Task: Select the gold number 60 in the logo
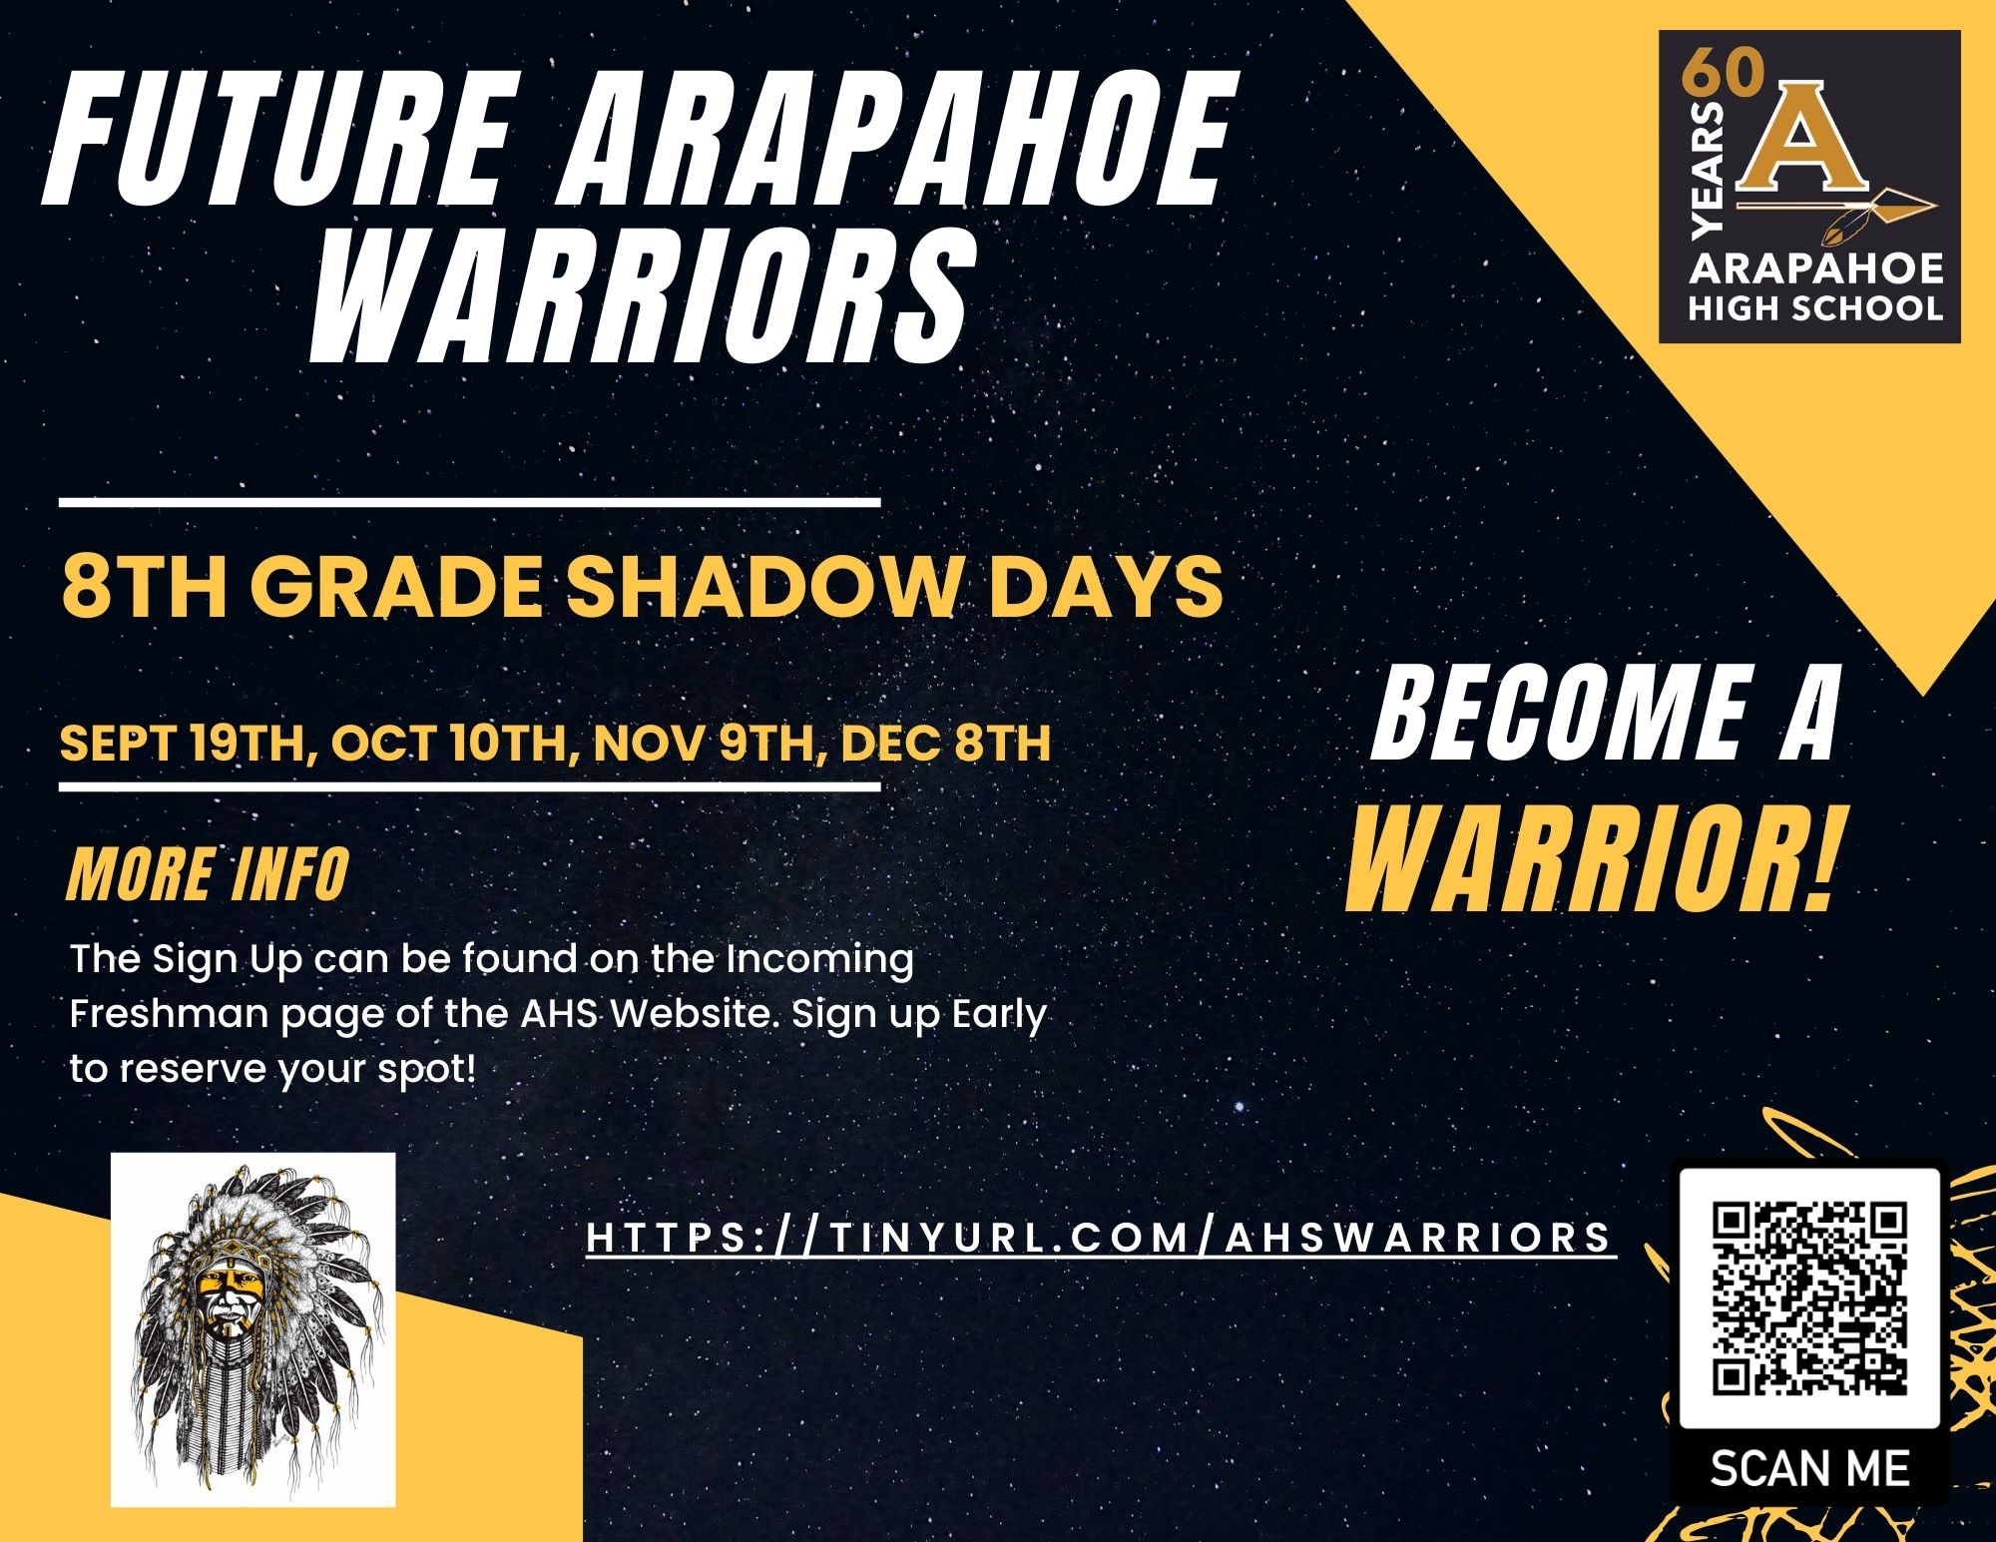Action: [1723, 73]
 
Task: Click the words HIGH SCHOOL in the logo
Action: [1815, 307]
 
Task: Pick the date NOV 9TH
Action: [711, 743]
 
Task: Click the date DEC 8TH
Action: [946, 743]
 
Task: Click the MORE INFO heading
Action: [208, 873]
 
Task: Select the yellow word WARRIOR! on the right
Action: [1591, 860]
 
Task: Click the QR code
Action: [1809, 1298]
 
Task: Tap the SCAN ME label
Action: [1809, 1468]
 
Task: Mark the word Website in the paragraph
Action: [696, 1014]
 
